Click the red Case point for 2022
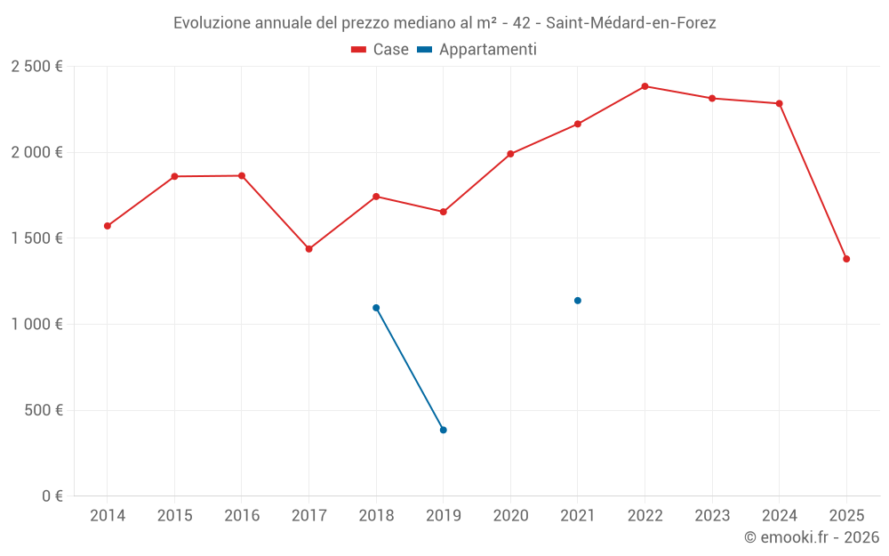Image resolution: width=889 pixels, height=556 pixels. pyautogui.click(x=645, y=86)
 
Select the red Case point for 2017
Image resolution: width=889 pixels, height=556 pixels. pyautogui.click(x=308, y=249)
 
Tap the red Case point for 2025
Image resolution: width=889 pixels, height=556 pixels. pyautogui.click(x=846, y=259)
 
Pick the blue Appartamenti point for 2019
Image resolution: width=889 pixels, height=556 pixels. pyautogui.click(x=443, y=430)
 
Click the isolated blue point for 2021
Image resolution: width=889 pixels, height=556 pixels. pyautogui.click(x=577, y=301)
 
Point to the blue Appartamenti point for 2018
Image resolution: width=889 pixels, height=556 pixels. pyautogui.click(x=376, y=308)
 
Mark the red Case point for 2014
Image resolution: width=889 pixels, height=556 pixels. pyautogui.click(x=108, y=226)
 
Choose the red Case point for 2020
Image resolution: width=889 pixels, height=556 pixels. pyautogui.click(x=510, y=154)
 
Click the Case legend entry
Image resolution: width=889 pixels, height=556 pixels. pyautogui.click(x=380, y=50)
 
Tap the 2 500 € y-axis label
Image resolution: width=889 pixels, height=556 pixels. pyautogui.click(x=36, y=67)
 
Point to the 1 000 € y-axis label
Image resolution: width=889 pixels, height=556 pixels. pyautogui.click(x=36, y=325)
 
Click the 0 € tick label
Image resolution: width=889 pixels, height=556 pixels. pyautogui.click(x=52, y=496)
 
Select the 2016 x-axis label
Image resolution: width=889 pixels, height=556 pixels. pyautogui.click(x=242, y=516)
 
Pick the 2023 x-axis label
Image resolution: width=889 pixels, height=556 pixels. pyautogui.click(x=712, y=516)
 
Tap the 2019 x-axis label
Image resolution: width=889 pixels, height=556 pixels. pyautogui.click(x=443, y=516)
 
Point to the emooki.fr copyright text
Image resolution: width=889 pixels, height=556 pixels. pyautogui.click(x=811, y=537)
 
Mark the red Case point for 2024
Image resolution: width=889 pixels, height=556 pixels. pyautogui.click(x=779, y=103)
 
